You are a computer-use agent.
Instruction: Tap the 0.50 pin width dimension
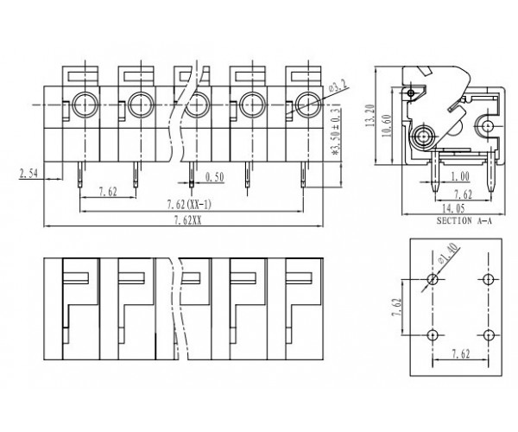coord(217,178)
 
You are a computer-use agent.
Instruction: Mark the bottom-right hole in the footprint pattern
coord(488,335)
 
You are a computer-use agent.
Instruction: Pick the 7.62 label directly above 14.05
coord(461,195)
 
